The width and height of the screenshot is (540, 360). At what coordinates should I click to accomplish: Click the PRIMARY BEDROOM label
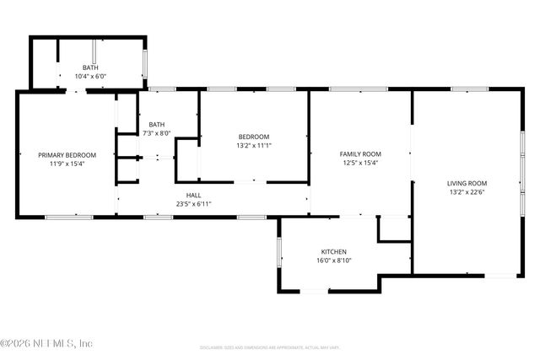coord(67,154)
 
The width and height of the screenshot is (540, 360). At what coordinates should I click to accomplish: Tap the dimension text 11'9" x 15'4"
coord(67,164)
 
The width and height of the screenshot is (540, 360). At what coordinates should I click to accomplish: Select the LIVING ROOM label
coord(467,183)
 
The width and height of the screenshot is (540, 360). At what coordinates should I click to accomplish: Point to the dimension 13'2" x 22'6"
coord(467,192)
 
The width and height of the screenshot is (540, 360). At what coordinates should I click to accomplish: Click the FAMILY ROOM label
coord(360,154)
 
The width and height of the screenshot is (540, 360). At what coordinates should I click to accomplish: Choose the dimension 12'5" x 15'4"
coord(360,164)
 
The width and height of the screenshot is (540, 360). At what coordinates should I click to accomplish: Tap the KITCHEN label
coord(333,252)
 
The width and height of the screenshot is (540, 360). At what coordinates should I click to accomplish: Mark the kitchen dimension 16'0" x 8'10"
coord(333,261)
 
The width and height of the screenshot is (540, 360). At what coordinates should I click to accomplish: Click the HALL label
coord(193,195)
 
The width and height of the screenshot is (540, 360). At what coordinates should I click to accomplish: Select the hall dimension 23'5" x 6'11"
coord(193,204)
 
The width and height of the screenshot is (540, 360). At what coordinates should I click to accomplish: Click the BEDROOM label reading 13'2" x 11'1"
coord(253,137)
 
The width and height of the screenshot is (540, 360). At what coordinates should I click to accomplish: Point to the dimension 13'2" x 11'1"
coord(253,146)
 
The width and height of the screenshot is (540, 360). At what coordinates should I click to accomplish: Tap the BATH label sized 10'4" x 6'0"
coord(89,67)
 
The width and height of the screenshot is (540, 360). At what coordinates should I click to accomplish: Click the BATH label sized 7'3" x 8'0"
coord(156,124)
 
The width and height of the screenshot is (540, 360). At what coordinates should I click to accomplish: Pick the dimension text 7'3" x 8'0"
coord(156,133)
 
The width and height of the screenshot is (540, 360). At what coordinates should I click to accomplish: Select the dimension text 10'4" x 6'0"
coord(89,77)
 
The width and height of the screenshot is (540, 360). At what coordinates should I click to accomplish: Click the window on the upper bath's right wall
coord(146,63)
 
